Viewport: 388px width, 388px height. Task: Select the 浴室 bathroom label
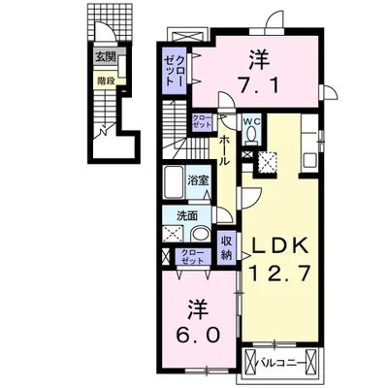click(x=198, y=180)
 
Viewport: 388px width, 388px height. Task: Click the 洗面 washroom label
click(x=188, y=216)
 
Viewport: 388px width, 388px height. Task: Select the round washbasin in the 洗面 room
click(x=199, y=236)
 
